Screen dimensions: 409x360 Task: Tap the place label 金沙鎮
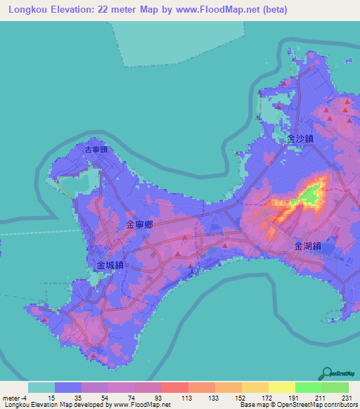(300, 139)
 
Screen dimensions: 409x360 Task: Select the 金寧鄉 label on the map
(140, 225)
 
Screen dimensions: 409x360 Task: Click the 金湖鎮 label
(308, 246)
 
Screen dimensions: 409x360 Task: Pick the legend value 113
(187, 398)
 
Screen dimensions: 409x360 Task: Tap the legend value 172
(266, 398)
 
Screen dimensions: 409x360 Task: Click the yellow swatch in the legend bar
(281, 387)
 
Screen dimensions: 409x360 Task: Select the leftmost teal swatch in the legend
(41, 387)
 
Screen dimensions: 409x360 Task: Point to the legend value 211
(320, 398)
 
